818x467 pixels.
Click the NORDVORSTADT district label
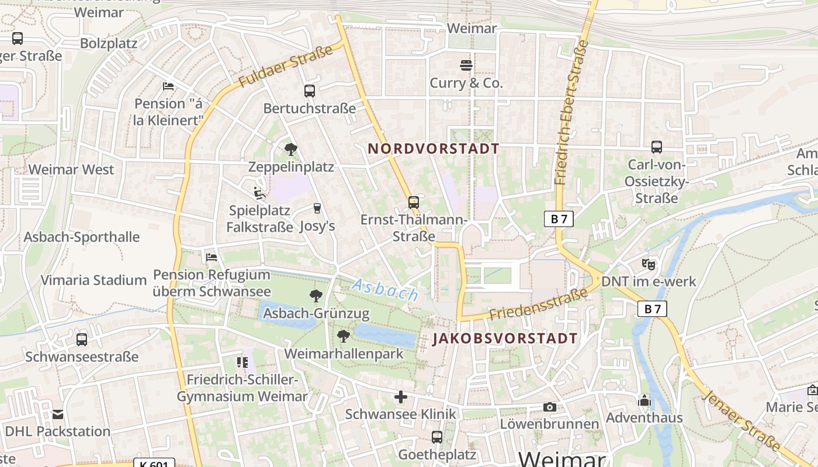(434, 148)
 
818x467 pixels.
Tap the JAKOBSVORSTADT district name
(505, 339)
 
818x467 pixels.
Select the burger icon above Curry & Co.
(466, 65)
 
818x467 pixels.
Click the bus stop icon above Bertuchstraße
(310, 90)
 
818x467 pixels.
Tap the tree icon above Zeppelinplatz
(291, 149)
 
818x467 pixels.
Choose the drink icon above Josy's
(317, 208)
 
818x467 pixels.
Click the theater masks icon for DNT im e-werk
(649, 264)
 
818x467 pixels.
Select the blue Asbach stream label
(385, 290)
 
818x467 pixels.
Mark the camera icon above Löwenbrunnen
(549, 407)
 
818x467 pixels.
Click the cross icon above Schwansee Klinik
(401, 398)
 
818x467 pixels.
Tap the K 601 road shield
(154, 464)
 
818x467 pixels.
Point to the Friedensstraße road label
(539, 304)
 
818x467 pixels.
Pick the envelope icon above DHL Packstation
(58, 414)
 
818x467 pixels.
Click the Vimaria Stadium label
(93, 280)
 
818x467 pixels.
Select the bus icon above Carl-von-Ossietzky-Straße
(657, 147)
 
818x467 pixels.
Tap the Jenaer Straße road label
(743, 420)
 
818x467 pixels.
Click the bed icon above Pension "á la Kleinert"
(168, 86)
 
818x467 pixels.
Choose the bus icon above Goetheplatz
(437, 437)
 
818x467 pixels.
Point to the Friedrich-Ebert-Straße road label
(571, 111)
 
